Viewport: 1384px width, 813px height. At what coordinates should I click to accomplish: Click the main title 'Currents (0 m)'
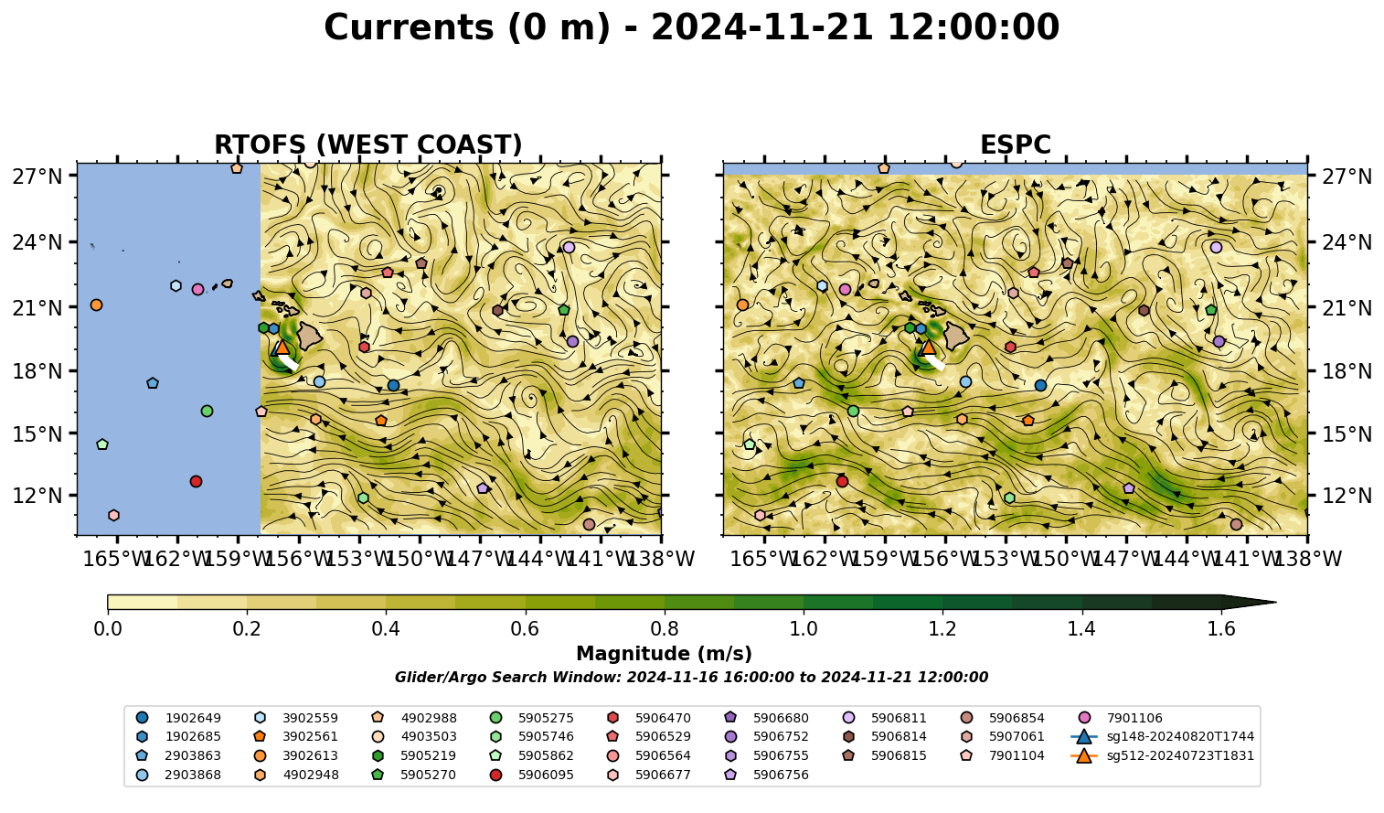(x=467, y=27)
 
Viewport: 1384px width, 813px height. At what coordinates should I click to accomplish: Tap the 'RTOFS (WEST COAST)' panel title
(x=368, y=144)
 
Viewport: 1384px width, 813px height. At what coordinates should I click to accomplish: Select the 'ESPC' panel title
(x=1015, y=144)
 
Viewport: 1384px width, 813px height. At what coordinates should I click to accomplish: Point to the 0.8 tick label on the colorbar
(x=665, y=629)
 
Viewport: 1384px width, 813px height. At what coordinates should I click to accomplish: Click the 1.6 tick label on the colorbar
(x=1221, y=629)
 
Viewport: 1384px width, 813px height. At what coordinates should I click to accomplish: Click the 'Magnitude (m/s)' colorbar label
(x=665, y=654)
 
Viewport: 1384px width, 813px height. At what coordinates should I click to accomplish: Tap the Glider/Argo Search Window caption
(x=691, y=677)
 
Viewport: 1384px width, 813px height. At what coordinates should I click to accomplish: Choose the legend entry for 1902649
(x=178, y=718)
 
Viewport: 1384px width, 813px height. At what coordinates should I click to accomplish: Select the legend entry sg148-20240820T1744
(x=1163, y=736)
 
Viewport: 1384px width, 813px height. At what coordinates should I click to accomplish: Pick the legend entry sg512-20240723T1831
(x=1163, y=755)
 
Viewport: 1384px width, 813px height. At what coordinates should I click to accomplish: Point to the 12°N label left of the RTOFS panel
(x=37, y=496)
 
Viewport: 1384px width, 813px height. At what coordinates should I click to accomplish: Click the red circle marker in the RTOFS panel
(x=196, y=482)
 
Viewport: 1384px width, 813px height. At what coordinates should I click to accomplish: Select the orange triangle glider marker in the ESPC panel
(x=928, y=347)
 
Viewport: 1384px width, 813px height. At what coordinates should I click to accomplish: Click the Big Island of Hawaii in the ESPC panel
(x=956, y=336)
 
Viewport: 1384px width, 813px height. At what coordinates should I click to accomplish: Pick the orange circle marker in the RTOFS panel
(x=96, y=305)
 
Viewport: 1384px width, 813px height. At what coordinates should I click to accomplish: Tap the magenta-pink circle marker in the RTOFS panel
(x=197, y=289)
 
